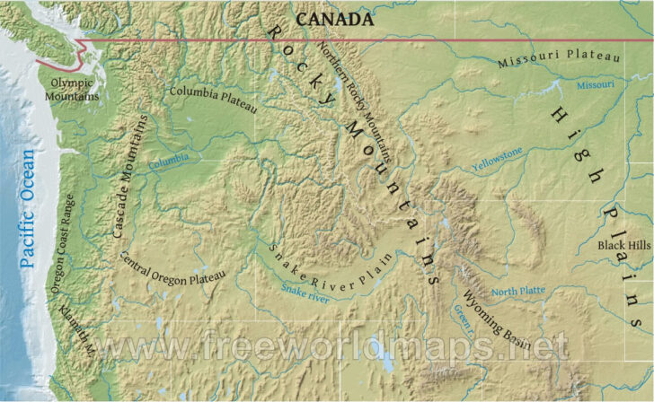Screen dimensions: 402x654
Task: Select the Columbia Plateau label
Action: (x=214, y=100)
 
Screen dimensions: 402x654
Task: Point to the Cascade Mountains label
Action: (x=131, y=175)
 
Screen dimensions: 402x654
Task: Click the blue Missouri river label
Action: (x=595, y=85)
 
